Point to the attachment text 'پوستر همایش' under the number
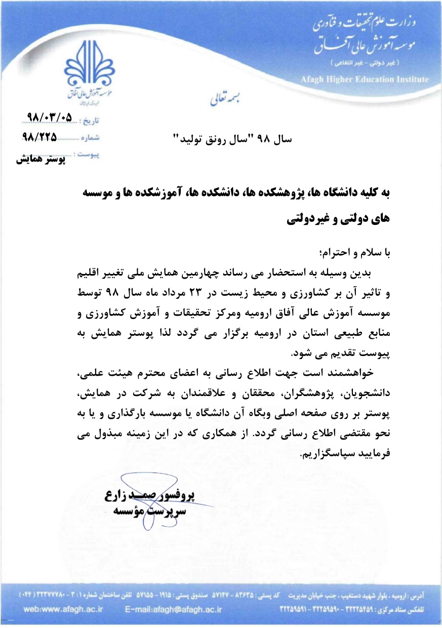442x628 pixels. (x=41, y=159)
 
